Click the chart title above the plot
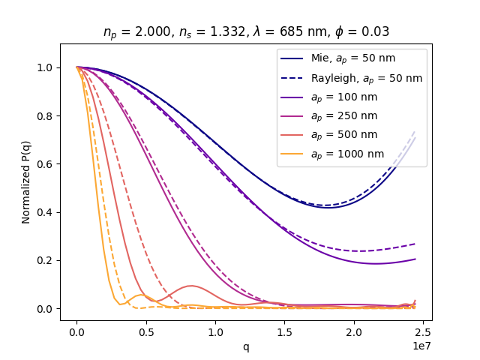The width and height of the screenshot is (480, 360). point(246,31)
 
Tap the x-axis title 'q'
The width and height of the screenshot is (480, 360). point(246,347)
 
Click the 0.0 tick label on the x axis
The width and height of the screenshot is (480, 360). point(76,331)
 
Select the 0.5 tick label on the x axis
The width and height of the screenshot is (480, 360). point(145,331)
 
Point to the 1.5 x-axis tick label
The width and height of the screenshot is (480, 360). point(284,331)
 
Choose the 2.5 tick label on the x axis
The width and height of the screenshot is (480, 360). point(422,331)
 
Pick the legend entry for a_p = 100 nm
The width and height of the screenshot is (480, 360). point(344,97)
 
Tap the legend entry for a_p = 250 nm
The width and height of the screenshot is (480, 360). point(344,116)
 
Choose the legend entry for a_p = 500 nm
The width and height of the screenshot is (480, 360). point(344,135)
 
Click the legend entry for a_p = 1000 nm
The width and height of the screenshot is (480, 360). point(347,154)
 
